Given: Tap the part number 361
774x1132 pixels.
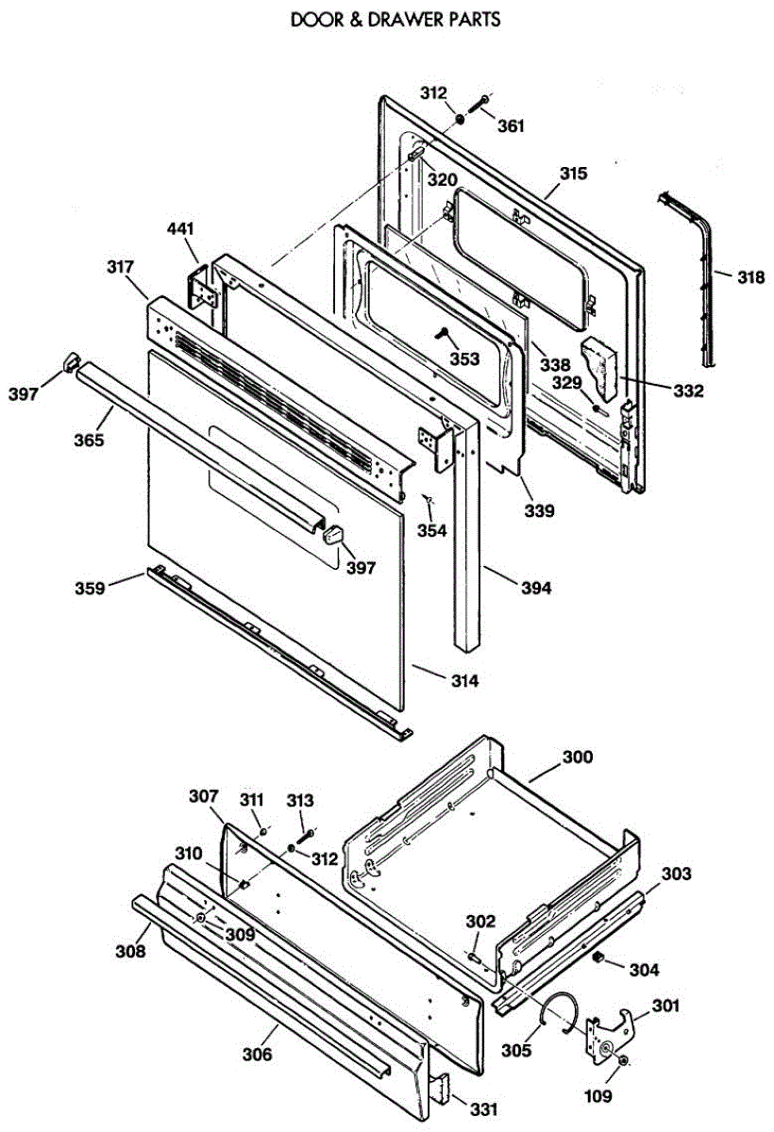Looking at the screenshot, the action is click(x=511, y=125).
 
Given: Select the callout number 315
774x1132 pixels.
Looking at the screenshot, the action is click(x=574, y=174).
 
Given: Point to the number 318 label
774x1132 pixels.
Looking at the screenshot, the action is click(x=750, y=277).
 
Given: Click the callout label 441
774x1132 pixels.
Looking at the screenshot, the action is click(x=180, y=229).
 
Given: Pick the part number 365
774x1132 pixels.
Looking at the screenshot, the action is click(x=89, y=441).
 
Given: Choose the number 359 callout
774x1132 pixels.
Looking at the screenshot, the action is click(x=90, y=589).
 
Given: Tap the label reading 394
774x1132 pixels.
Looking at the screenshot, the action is click(x=536, y=589).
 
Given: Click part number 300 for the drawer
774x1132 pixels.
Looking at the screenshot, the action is click(x=578, y=757).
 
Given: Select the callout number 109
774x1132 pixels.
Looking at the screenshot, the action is click(x=598, y=1096).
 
